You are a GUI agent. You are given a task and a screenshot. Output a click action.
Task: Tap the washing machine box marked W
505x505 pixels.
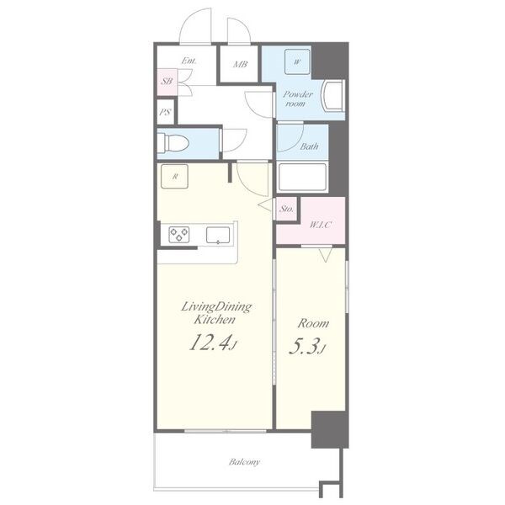(297, 61)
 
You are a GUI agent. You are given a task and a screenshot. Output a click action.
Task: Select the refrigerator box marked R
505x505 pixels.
(174, 176)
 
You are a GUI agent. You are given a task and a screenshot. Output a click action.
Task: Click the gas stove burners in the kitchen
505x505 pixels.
(179, 235)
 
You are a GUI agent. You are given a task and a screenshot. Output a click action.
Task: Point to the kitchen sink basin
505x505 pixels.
(218, 235)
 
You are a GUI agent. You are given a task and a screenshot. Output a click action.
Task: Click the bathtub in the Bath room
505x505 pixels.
(302, 177)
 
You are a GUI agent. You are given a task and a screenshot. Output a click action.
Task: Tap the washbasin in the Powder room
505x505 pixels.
(333, 96)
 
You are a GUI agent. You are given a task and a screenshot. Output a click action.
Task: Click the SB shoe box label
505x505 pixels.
(167, 81)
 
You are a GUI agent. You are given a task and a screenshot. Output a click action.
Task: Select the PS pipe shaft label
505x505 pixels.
(165, 113)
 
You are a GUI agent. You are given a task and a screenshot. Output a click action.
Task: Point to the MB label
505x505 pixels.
(240, 65)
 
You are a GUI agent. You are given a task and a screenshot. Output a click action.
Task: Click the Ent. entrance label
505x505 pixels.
(189, 61)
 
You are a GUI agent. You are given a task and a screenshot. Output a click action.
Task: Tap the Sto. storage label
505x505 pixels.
(287, 209)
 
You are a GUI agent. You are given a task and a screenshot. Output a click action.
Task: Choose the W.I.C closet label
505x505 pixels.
(321, 225)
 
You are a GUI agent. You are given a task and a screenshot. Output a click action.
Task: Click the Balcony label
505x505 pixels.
(244, 462)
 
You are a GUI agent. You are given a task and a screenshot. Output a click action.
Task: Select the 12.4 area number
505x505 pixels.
(210, 342)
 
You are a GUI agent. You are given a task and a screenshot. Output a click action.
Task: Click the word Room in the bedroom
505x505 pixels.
(313, 323)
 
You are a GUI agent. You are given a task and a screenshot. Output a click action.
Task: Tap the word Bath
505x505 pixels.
(309, 146)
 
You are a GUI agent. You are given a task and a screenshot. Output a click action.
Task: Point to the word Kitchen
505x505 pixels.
(215, 320)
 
